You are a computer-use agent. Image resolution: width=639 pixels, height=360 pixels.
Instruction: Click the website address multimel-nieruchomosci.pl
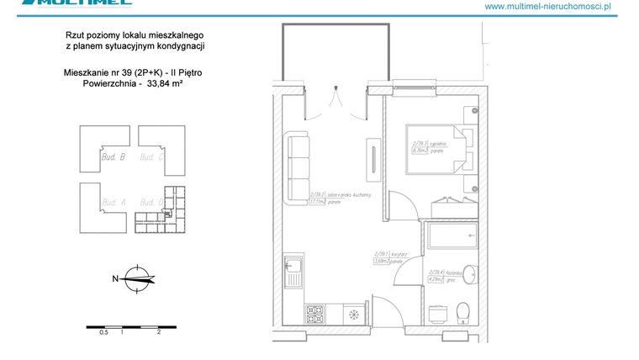pyautogui.click(x=547, y=7)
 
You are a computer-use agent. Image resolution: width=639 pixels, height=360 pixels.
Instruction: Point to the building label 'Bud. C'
pyautogui.click(x=151, y=156)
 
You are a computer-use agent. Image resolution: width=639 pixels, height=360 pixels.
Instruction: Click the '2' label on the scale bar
pyautogui.click(x=158, y=332)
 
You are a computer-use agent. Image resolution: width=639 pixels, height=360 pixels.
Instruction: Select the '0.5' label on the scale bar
pyautogui.click(x=104, y=332)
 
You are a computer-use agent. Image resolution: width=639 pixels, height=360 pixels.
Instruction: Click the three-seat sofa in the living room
pyautogui.click(x=297, y=169)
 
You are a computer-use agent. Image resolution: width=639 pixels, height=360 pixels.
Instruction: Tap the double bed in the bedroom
pyautogui.click(x=438, y=149)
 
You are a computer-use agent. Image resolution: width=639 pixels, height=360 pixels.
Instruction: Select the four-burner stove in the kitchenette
pyautogui.click(x=315, y=315)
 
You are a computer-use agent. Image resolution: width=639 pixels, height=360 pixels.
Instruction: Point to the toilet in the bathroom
pyautogui.click(x=461, y=313)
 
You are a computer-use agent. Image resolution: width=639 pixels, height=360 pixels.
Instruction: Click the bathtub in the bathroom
pyautogui.click(x=453, y=236)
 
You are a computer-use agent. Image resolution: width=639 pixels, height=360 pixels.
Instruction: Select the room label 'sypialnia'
pyautogui.click(x=436, y=144)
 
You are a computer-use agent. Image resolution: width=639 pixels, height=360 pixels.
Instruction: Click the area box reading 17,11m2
pyautogui.click(x=318, y=202)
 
